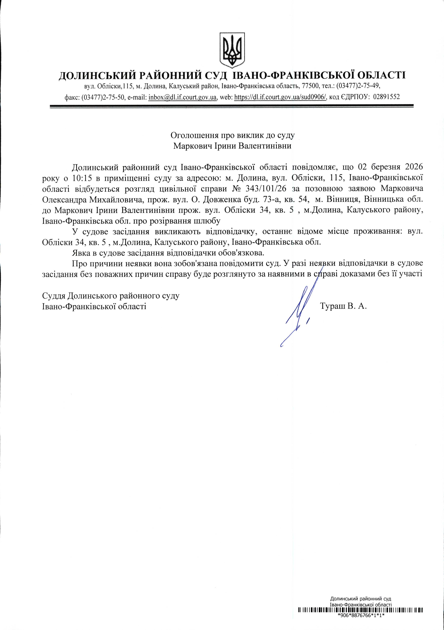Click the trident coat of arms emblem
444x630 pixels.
[232, 50]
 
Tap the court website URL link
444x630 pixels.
[280, 97]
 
